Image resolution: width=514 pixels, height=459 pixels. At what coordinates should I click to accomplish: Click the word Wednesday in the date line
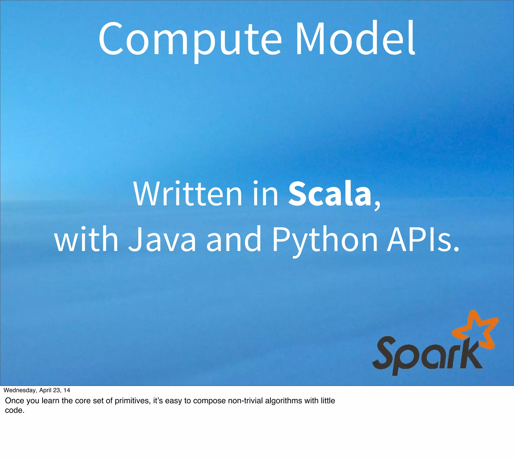tap(20, 390)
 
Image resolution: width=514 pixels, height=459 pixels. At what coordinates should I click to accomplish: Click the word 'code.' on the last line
tap(15, 410)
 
